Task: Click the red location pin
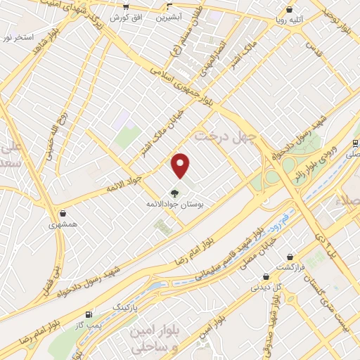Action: pos(181,165)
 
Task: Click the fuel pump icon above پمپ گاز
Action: pos(88,314)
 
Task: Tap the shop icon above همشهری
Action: pos(63,213)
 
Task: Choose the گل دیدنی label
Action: pos(266,288)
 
